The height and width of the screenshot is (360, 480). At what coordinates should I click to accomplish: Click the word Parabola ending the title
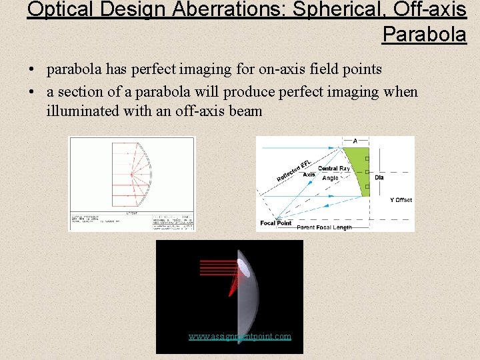[x=424, y=33]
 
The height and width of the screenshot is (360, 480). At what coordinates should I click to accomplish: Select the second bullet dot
[x=31, y=92]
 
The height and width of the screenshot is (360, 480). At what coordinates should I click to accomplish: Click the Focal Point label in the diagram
[x=277, y=223]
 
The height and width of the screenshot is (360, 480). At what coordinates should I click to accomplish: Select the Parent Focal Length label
[x=324, y=227]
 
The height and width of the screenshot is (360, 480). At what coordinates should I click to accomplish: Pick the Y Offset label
[x=401, y=200]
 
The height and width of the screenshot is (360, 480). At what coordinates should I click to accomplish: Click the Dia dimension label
[x=379, y=177]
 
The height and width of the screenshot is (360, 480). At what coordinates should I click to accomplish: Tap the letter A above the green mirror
[x=355, y=141]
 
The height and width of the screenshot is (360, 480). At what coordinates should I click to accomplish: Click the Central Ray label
[x=334, y=169]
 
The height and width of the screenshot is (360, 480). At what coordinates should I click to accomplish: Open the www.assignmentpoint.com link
[x=239, y=337]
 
